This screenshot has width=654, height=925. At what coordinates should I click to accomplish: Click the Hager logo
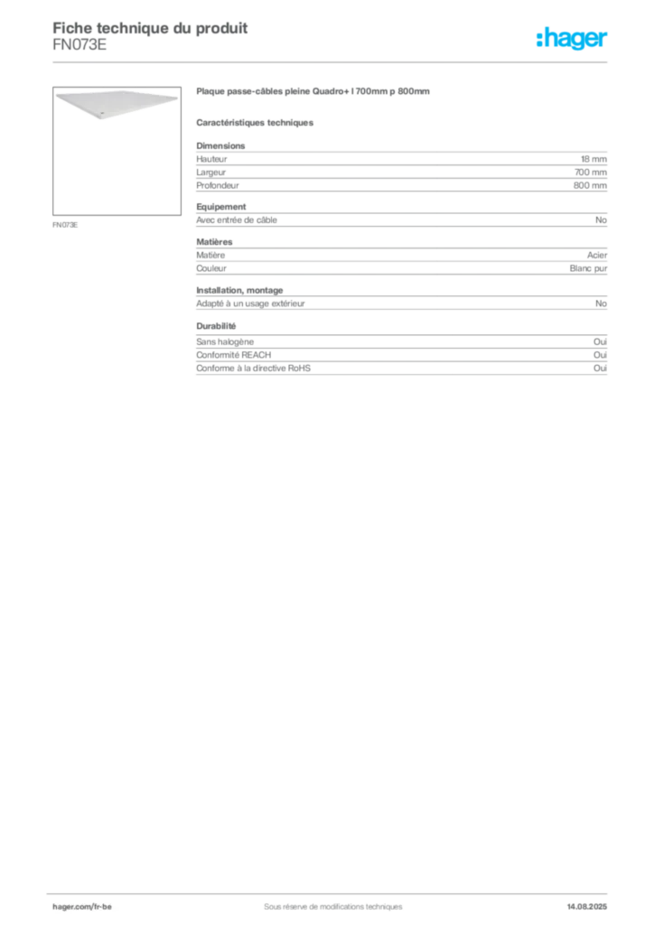click(572, 39)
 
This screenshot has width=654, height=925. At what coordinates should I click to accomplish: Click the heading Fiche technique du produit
click(150, 28)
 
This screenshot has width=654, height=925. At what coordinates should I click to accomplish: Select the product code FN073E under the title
click(79, 45)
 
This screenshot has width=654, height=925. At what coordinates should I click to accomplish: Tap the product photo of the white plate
click(117, 151)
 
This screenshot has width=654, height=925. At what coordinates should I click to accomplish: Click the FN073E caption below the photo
click(65, 225)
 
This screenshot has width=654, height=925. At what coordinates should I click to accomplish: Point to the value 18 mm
click(593, 159)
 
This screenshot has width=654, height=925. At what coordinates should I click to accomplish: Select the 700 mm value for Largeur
click(590, 173)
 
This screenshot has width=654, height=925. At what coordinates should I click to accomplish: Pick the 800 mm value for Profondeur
click(590, 185)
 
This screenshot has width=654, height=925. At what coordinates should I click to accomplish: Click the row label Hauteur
click(211, 159)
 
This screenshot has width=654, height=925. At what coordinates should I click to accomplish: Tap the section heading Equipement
click(221, 207)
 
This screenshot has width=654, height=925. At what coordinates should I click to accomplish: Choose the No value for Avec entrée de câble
click(601, 220)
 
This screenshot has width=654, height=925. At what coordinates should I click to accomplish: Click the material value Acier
click(597, 255)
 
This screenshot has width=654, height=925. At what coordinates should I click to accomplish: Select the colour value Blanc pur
click(588, 268)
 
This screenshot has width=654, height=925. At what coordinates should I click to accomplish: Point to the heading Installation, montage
click(239, 290)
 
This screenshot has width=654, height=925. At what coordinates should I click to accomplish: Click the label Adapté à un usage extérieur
click(250, 304)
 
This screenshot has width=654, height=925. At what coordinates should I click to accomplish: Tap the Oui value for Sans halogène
click(600, 341)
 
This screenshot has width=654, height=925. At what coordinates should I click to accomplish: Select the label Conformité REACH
click(234, 354)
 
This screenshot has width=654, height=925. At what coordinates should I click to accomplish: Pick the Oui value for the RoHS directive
click(600, 369)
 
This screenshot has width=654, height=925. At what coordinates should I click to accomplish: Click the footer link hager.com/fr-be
click(82, 907)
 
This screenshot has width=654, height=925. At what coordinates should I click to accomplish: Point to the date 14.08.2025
click(587, 907)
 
